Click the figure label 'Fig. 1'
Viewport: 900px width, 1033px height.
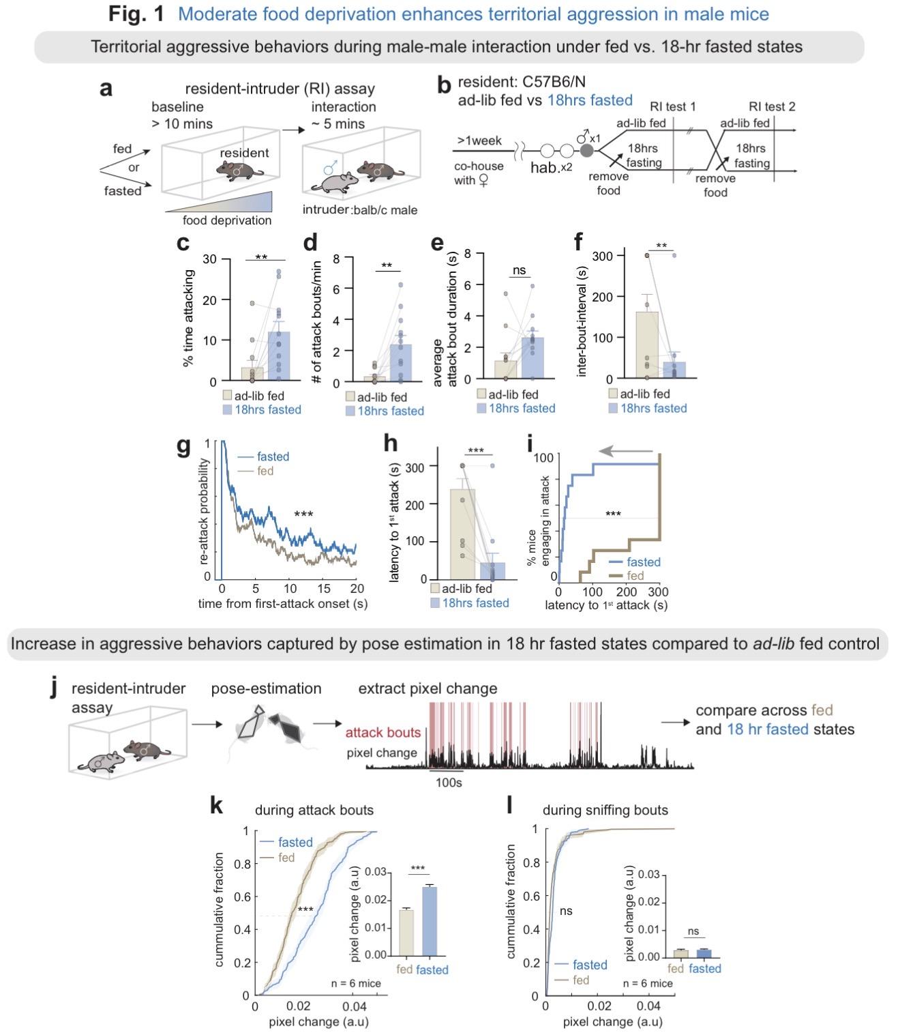(x=136, y=14)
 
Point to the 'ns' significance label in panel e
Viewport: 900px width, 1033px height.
(x=519, y=270)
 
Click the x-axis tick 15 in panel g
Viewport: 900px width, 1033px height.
(x=324, y=589)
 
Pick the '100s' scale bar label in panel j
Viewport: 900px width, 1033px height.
(x=449, y=783)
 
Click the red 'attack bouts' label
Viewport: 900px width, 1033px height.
(x=383, y=733)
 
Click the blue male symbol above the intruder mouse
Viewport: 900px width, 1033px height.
(x=330, y=167)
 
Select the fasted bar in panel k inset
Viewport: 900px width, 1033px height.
(x=427, y=920)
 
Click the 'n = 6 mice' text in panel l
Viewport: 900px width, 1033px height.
(x=648, y=983)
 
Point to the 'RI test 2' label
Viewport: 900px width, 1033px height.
(x=771, y=106)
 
